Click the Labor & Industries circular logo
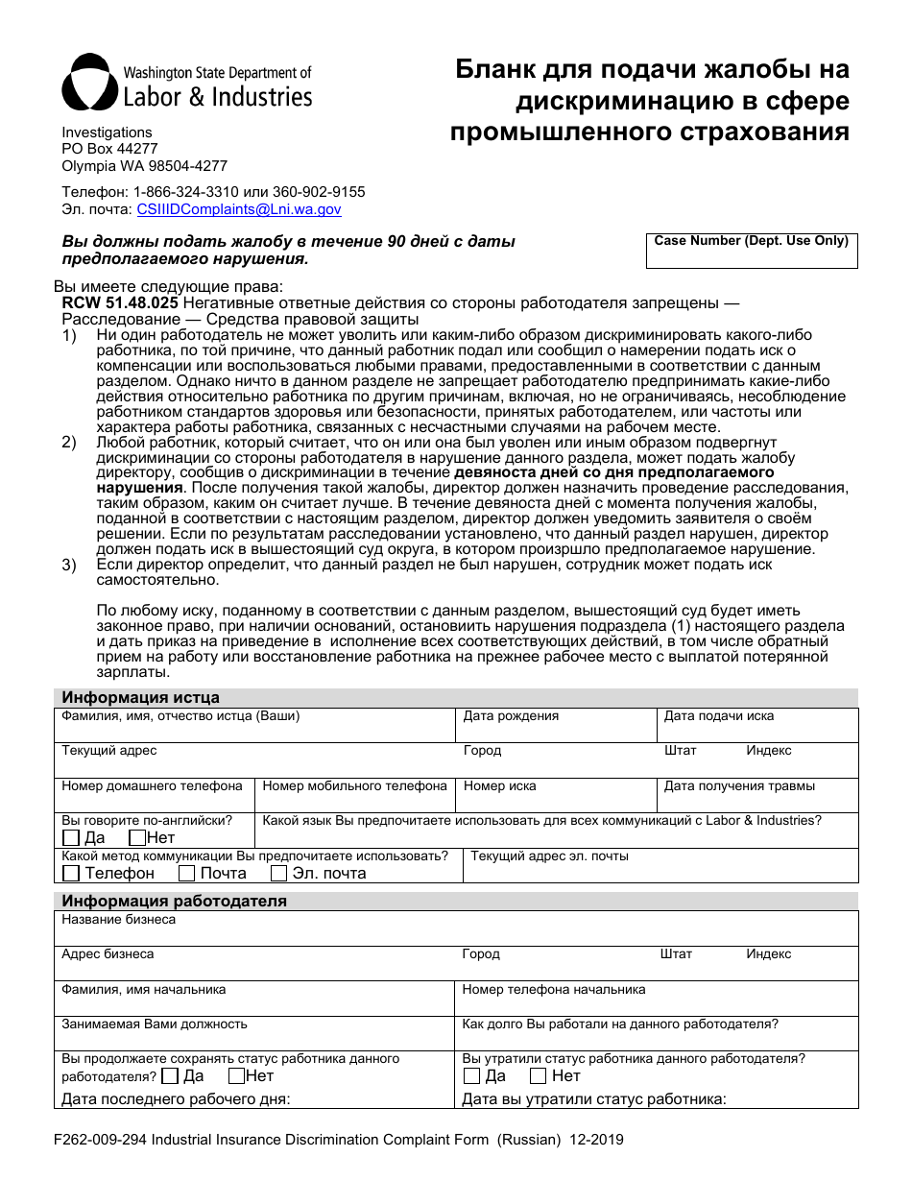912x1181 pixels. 90,83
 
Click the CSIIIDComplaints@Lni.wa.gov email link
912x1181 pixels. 238,209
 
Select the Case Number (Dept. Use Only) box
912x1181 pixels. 751,252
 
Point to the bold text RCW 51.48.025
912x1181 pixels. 119,303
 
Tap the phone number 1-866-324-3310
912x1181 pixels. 185,192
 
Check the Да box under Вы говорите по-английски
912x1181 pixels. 71,838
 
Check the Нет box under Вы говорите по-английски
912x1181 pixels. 137,838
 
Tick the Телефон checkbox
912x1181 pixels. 71,874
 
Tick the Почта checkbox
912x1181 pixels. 186,874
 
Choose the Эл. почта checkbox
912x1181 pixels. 279,874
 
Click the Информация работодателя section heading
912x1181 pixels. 174,902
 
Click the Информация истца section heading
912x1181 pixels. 140,698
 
